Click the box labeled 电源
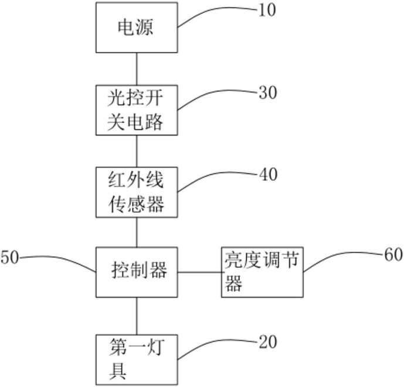(137, 28)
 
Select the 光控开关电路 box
(137, 110)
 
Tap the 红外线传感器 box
(137, 192)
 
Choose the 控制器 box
(137, 272)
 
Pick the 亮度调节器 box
(262, 272)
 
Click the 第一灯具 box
(137, 359)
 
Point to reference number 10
(267, 11)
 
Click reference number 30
(268, 93)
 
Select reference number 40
(268, 174)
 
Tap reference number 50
(10, 257)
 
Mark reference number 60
(393, 255)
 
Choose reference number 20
(268, 342)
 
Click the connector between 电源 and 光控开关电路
(137, 69)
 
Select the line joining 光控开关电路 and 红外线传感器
(137, 151)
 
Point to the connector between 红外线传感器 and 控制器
(137, 232)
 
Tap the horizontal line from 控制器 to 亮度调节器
(200, 272)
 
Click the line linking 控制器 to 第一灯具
(137, 316)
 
